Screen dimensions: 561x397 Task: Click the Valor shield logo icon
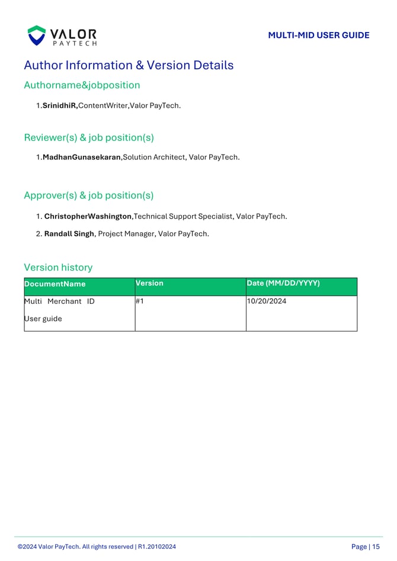pos(37,36)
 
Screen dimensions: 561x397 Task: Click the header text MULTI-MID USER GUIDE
pos(318,36)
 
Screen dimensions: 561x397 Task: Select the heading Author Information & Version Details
pos(129,65)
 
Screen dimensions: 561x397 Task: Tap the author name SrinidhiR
pos(60,105)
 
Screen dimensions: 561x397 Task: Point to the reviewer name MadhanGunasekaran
pos(82,157)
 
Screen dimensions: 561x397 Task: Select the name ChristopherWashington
pos(88,216)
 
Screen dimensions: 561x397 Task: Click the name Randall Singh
pos(69,233)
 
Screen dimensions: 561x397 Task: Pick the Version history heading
pos(58,267)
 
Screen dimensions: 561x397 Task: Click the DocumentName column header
pos(55,284)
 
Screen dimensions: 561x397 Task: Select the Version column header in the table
pos(149,283)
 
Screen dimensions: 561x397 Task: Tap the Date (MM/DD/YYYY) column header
pos(283,283)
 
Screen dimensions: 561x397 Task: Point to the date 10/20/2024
pos(267,302)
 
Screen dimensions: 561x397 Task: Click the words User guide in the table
pos(43,319)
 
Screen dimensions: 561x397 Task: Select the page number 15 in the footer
pos(376,547)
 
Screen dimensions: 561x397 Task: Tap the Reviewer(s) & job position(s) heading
pos(89,137)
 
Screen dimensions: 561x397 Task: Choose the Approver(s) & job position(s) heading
pos(89,195)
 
